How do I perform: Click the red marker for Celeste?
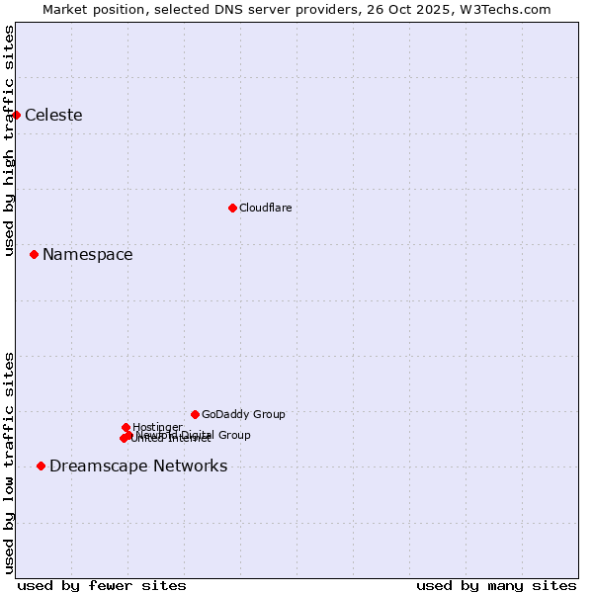[x=16, y=115]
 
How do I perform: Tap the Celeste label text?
[x=53, y=116]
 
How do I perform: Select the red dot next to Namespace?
[x=34, y=254]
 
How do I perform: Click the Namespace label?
[x=87, y=255]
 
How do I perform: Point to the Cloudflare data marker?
[x=232, y=208]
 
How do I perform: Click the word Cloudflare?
[x=265, y=209]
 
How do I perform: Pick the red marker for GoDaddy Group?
[x=195, y=414]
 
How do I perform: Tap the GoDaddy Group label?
[x=243, y=415]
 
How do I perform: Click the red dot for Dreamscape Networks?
[x=41, y=466]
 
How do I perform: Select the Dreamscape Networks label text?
[x=138, y=466]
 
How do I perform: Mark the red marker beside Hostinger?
[x=126, y=427]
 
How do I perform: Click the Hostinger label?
[x=157, y=428]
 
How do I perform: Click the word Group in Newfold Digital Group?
[x=233, y=435]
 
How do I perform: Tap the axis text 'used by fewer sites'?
[x=102, y=586]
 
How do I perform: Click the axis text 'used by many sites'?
[x=496, y=586]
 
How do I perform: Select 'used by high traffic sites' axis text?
[x=9, y=141]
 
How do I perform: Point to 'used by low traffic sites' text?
[x=9, y=462]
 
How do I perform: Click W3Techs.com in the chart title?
[x=516, y=9]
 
